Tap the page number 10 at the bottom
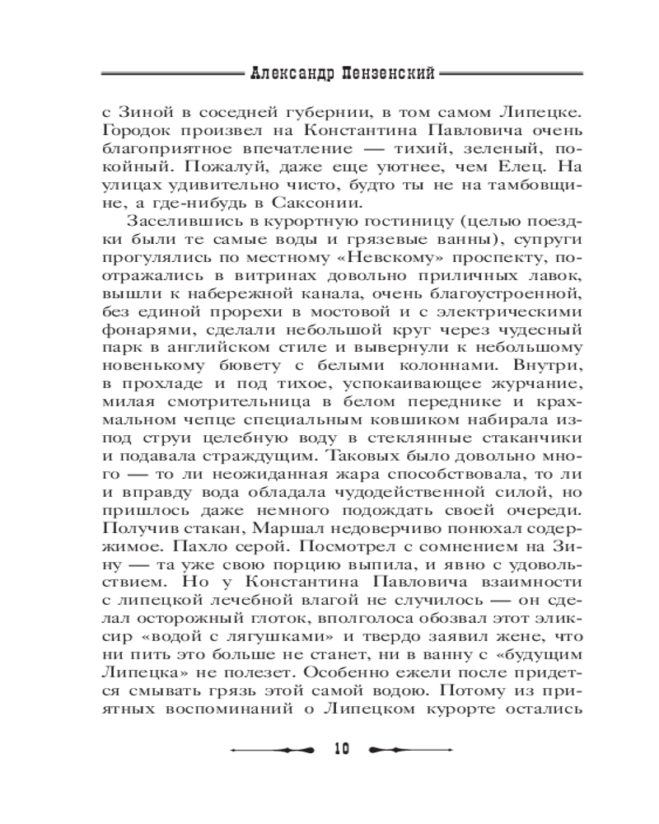342,748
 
